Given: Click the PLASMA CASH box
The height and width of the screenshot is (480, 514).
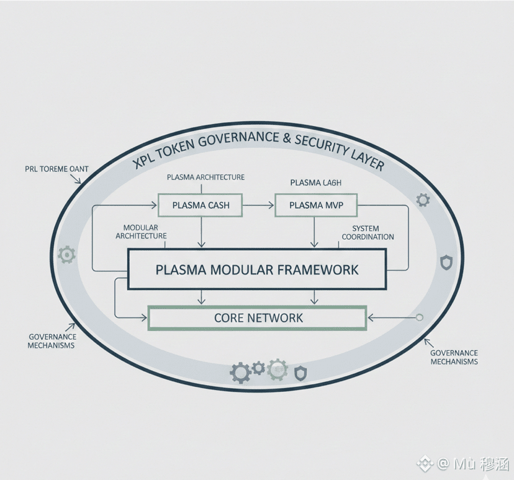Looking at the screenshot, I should pyautogui.click(x=201, y=205).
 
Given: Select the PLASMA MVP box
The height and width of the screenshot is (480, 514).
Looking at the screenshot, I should pyautogui.click(x=316, y=205).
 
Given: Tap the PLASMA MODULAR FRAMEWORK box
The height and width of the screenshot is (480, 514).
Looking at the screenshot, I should pyautogui.click(x=257, y=269).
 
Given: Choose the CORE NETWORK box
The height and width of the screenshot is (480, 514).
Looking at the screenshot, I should pyautogui.click(x=258, y=318).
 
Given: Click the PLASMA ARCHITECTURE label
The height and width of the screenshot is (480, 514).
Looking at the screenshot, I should pyautogui.click(x=205, y=177).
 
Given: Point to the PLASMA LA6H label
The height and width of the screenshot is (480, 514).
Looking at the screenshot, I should pyautogui.click(x=315, y=183).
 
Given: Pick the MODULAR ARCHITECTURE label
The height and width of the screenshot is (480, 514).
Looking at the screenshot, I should pyautogui.click(x=141, y=232).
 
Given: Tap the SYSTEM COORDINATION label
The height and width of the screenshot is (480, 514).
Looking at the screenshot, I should pyautogui.click(x=368, y=233).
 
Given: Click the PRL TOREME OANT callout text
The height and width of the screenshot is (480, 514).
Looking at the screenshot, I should pyautogui.click(x=56, y=169).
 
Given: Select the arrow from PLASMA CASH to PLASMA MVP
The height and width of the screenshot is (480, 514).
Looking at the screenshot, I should pyautogui.click(x=258, y=204).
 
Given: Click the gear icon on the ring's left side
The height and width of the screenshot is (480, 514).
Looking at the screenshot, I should pyautogui.click(x=66, y=255).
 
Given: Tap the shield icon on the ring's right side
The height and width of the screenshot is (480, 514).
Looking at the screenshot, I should pyautogui.click(x=446, y=263).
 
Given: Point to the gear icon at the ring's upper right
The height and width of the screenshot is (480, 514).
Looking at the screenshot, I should pyautogui.click(x=423, y=200).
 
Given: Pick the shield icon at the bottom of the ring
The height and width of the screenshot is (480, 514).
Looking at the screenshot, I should pyautogui.click(x=300, y=373).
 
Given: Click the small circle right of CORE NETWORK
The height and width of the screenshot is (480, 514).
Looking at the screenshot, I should pyautogui.click(x=420, y=318).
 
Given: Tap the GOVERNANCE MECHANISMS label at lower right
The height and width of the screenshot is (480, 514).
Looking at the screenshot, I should pyautogui.click(x=454, y=357).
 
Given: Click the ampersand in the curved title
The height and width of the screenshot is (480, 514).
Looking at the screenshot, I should pyautogui.click(x=286, y=139).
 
